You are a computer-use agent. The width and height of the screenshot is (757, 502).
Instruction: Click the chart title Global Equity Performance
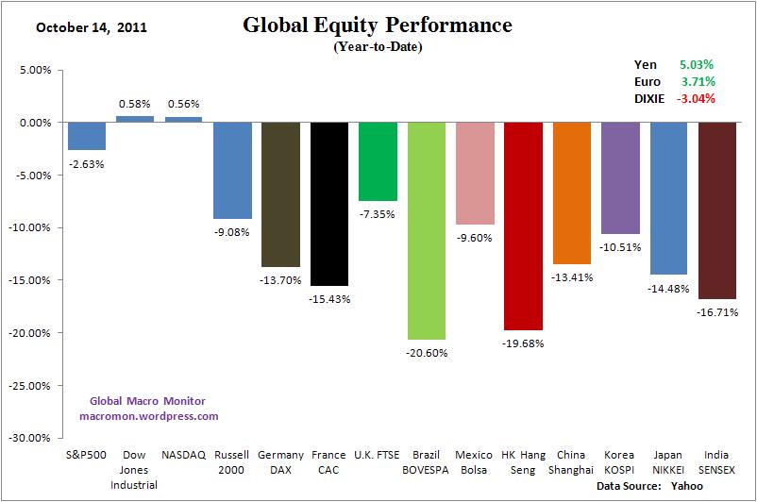pyautogui.click(x=378, y=25)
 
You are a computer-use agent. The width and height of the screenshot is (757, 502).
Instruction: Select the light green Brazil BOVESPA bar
pyautogui.click(x=426, y=230)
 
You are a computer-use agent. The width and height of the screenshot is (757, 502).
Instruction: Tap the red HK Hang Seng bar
pyautogui.click(x=523, y=226)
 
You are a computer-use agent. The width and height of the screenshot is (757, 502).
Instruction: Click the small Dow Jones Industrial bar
pyautogui.click(x=135, y=119)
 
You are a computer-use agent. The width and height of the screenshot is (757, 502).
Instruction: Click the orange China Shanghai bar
pyautogui.click(x=572, y=192)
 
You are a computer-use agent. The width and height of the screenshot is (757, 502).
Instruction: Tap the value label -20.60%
pyautogui.click(x=426, y=353)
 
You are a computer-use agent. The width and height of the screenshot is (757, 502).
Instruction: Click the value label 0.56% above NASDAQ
pyautogui.click(x=184, y=105)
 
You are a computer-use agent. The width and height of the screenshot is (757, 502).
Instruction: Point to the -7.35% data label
pyautogui.click(x=378, y=214)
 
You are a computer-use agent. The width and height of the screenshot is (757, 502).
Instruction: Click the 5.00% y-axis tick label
pyautogui.click(x=34, y=70)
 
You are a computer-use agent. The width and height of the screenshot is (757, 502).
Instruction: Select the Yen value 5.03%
pyautogui.click(x=697, y=64)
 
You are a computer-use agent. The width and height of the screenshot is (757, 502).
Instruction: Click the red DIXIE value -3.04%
pyautogui.click(x=695, y=98)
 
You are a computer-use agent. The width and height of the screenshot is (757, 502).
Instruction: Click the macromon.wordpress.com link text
pyautogui.click(x=148, y=415)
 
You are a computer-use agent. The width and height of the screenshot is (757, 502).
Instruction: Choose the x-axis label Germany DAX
pyautogui.click(x=280, y=460)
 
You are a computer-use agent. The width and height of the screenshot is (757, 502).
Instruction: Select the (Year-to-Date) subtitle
pyautogui.click(x=378, y=46)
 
